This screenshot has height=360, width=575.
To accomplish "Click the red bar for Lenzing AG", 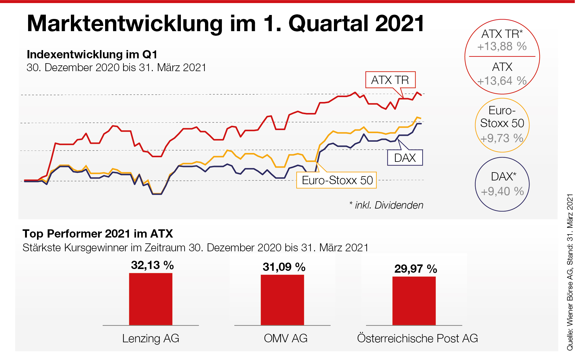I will [x=151, y=299].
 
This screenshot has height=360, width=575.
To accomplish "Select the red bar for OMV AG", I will [x=282, y=300].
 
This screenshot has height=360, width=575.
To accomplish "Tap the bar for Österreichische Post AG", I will [x=414, y=301].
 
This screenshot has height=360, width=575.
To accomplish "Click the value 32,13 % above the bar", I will [x=152, y=265].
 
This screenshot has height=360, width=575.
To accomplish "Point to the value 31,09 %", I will [x=284, y=267].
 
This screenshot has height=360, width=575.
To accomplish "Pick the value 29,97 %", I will [x=416, y=269].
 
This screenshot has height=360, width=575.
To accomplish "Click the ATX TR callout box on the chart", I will [x=390, y=80].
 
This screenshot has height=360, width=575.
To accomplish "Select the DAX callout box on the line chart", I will [x=405, y=158].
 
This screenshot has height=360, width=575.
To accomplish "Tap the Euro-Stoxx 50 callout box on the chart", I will [x=337, y=180].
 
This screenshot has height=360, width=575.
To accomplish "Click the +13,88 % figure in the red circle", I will [x=502, y=46].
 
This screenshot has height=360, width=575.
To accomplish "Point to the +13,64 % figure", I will [x=502, y=81].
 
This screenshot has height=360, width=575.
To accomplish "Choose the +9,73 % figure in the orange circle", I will [x=502, y=138].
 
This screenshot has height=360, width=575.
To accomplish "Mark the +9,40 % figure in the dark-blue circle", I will [x=502, y=191].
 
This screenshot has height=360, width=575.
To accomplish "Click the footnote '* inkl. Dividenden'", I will [x=386, y=205].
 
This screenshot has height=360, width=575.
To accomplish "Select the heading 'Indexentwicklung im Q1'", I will [x=92, y=54].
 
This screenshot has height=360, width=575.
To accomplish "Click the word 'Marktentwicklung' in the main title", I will [x=125, y=24].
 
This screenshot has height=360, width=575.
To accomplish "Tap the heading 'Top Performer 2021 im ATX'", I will [x=98, y=234].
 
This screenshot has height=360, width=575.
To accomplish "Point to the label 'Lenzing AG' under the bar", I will [x=151, y=338].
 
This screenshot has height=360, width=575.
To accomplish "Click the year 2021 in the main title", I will [x=400, y=24].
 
